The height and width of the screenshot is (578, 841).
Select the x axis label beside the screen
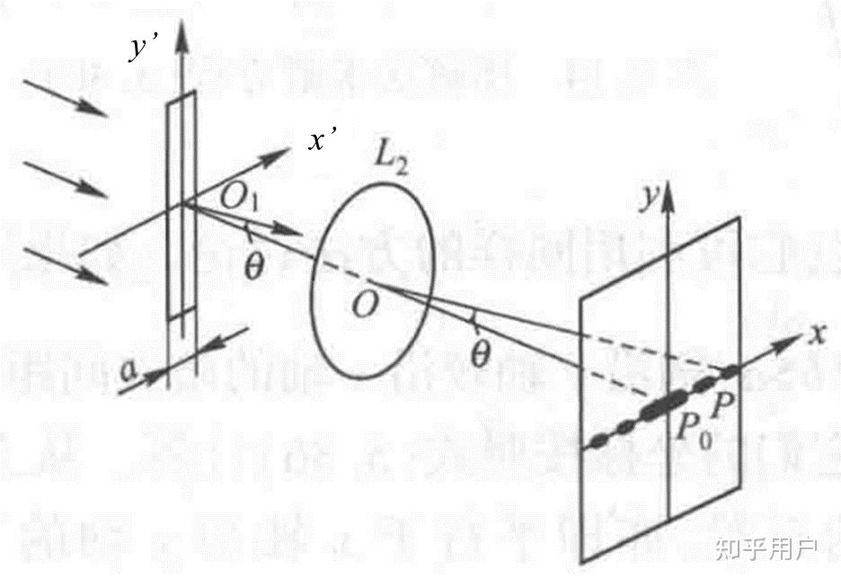[817, 334]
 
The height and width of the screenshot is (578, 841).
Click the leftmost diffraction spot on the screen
[598, 440]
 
